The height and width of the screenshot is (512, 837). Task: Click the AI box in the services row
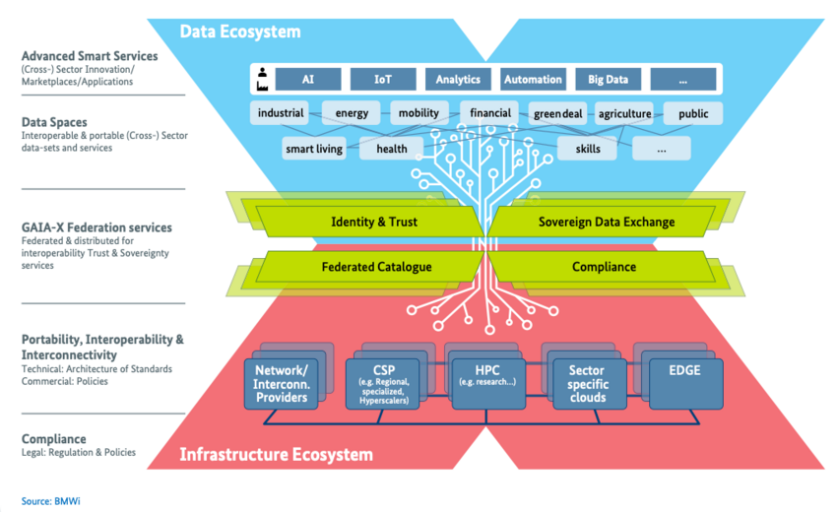(308, 80)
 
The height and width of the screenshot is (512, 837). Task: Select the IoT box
(383, 80)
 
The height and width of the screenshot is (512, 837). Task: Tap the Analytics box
(458, 80)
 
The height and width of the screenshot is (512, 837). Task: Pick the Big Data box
(608, 80)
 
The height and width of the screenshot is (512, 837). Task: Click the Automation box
(533, 80)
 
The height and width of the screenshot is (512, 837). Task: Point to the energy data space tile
(352, 113)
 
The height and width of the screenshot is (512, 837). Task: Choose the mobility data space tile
(419, 113)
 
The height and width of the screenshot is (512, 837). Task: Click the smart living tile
(314, 149)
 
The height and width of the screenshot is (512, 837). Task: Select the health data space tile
(392, 149)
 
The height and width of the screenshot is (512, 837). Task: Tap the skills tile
(587, 149)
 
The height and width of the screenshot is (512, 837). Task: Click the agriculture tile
(624, 113)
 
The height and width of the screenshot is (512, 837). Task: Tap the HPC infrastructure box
(488, 384)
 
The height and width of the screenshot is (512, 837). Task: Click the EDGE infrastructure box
(686, 384)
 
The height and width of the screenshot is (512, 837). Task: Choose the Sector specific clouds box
(589, 384)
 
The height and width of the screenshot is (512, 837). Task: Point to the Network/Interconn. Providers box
(282, 384)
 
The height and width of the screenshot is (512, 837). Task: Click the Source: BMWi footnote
(50, 501)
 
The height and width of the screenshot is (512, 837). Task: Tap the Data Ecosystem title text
(240, 32)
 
